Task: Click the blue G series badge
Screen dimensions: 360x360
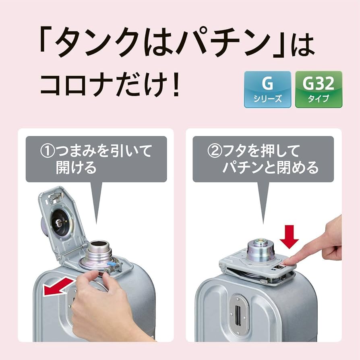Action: [267, 89]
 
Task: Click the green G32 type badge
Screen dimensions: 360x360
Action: [319, 89]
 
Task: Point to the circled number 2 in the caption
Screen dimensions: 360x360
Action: [215, 151]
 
